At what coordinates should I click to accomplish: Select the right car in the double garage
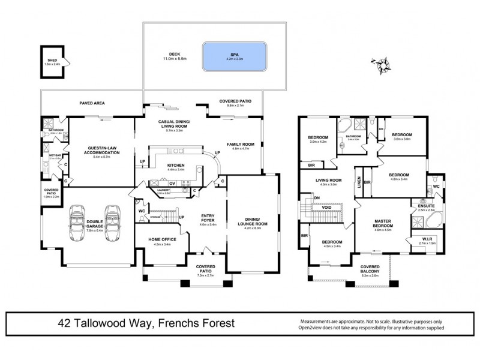point(112,223)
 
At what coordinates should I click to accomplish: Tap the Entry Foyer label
point(208,220)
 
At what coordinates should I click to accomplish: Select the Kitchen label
point(176,166)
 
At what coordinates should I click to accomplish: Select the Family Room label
point(241,145)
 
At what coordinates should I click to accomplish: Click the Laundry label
point(163,190)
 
